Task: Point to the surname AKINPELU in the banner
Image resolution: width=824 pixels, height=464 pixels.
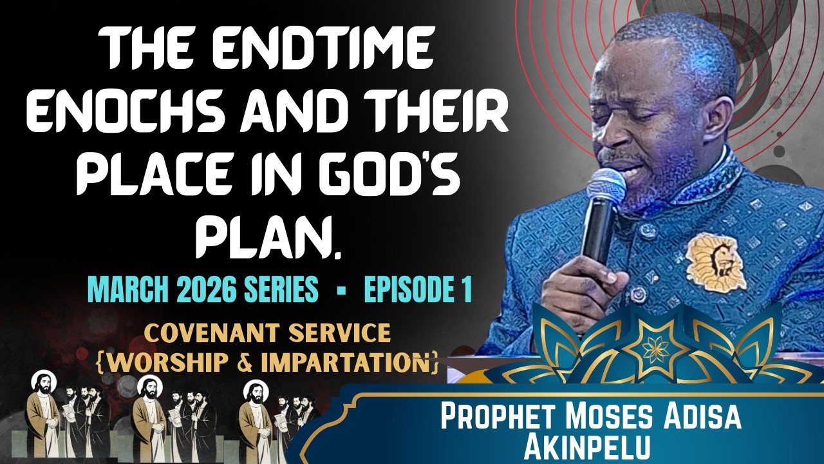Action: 589,446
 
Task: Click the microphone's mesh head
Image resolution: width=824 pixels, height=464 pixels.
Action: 606,188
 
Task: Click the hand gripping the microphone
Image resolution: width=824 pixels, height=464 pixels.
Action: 583,284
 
